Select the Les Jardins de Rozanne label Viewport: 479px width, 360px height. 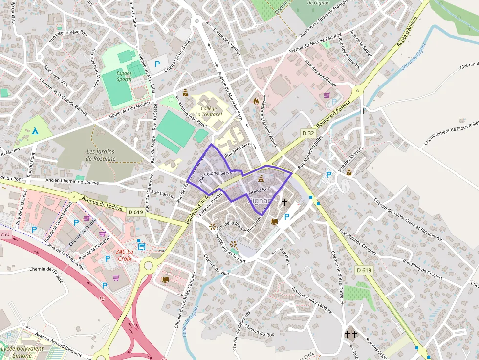[x=101, y=155]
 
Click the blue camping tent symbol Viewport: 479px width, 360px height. [x=35, y=131]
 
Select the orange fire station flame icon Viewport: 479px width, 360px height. [x=255, y=101]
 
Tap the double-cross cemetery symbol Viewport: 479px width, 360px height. [x=351, y=334]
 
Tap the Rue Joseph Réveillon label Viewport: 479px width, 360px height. [x=71, y=33]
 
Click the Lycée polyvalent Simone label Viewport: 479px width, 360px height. [x=22, y=352]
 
